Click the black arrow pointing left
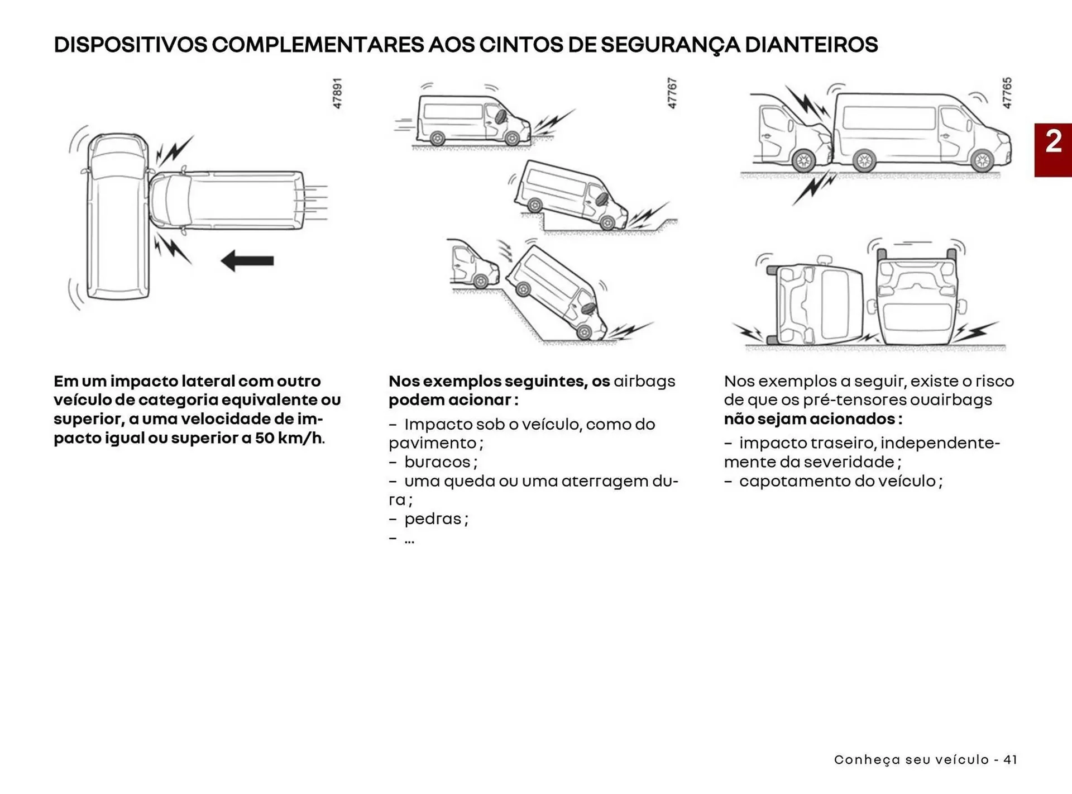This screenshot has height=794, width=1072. coord(247,260)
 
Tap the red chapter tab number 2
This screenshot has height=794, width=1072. coord(1053,142)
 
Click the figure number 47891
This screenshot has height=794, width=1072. coord(337,93)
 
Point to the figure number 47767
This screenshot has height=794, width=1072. coord(672,93)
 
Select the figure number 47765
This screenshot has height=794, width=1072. coord(1007,93)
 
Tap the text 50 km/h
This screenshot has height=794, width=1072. coord(289,438)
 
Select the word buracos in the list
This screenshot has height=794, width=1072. coord(437,462)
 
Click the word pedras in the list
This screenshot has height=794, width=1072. coord(433,519)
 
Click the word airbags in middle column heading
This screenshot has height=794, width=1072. coord(644,381)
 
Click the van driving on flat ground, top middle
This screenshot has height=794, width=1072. coord(472,120)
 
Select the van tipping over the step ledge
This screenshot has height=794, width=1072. coord(569,196)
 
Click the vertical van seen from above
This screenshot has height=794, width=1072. coord(118,218)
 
